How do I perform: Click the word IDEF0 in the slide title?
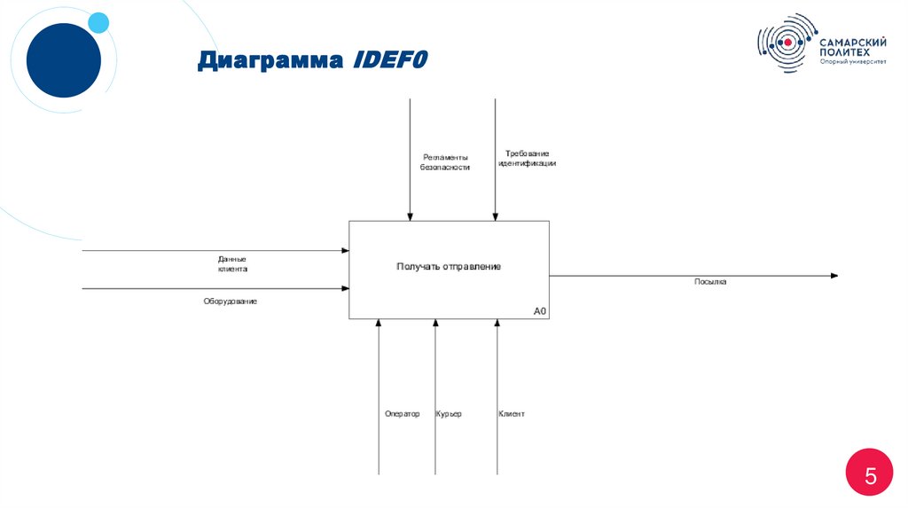(390, 60)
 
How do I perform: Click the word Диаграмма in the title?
(272, 60)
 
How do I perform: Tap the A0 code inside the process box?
(540, 311)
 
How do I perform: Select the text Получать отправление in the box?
(449, 267)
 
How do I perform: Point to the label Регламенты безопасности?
(445, 161)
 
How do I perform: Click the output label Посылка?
(710, 282)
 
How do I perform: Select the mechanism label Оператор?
(402, 414)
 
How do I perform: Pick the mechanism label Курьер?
(449, 414)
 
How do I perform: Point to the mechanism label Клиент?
(512, 414)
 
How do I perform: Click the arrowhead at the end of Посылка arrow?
(834, 276)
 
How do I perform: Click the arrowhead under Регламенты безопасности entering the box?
(410, 215)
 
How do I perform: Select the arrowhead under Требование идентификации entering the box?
(496, 215)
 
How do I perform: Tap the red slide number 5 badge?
(870, 476)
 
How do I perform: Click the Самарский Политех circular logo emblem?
(786, 43)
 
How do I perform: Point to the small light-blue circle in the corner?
(99, 22)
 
